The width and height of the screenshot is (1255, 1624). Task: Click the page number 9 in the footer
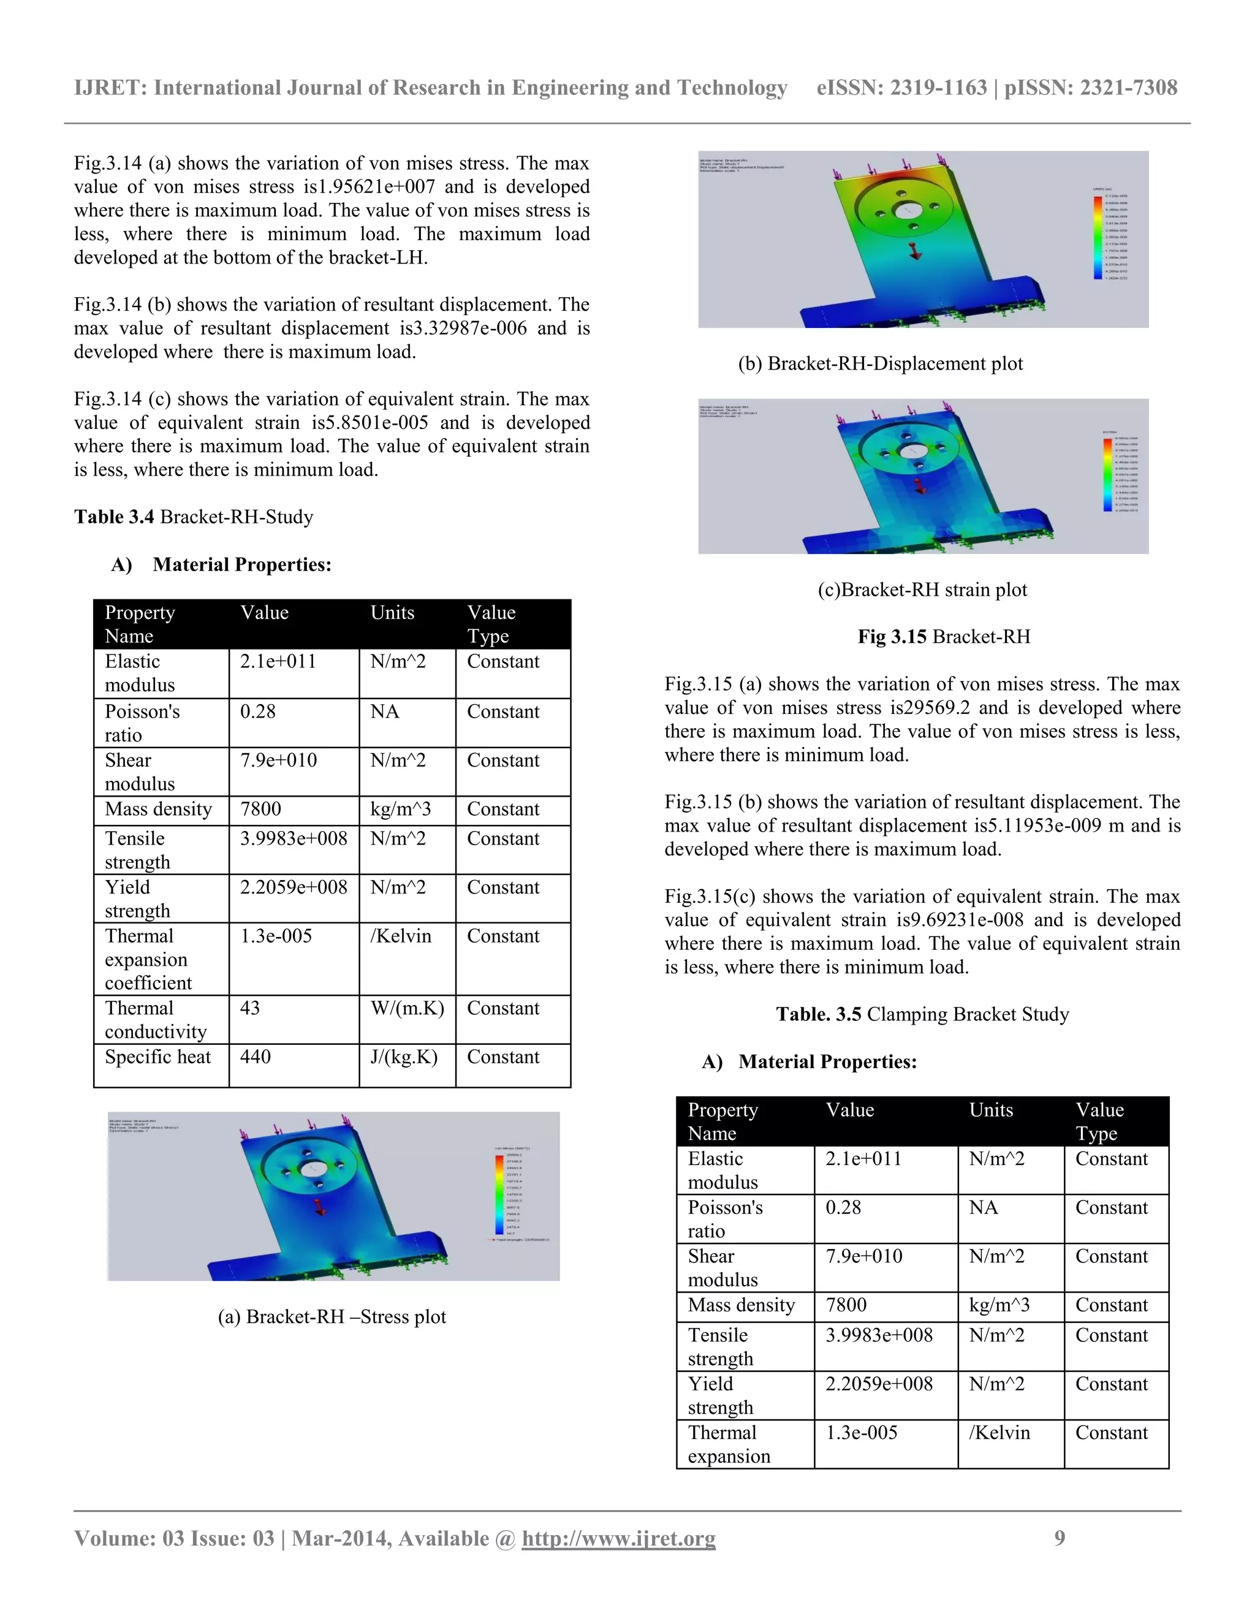pos(1060,1538)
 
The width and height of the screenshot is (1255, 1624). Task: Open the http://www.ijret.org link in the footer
pos(618,1538)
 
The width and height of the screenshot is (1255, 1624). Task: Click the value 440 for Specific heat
pos(255,1057)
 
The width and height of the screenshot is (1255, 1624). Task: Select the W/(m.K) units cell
pos(407,1008)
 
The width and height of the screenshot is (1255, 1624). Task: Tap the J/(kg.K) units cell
pos(404,1057)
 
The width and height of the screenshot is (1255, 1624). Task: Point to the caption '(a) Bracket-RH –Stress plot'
pos(332,1317)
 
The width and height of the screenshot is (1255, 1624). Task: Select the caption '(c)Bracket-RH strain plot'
pos(922,590)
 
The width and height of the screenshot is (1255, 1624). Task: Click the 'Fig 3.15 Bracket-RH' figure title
pos(944,637)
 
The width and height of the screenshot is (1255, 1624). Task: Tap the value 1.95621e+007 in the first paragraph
pos(376,187)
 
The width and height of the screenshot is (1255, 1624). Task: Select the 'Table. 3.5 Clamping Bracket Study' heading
pos(922,1014)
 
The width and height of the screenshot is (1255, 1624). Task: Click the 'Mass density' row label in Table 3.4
pos(158,809)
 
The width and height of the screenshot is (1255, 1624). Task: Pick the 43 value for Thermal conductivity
pos(250,1008)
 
